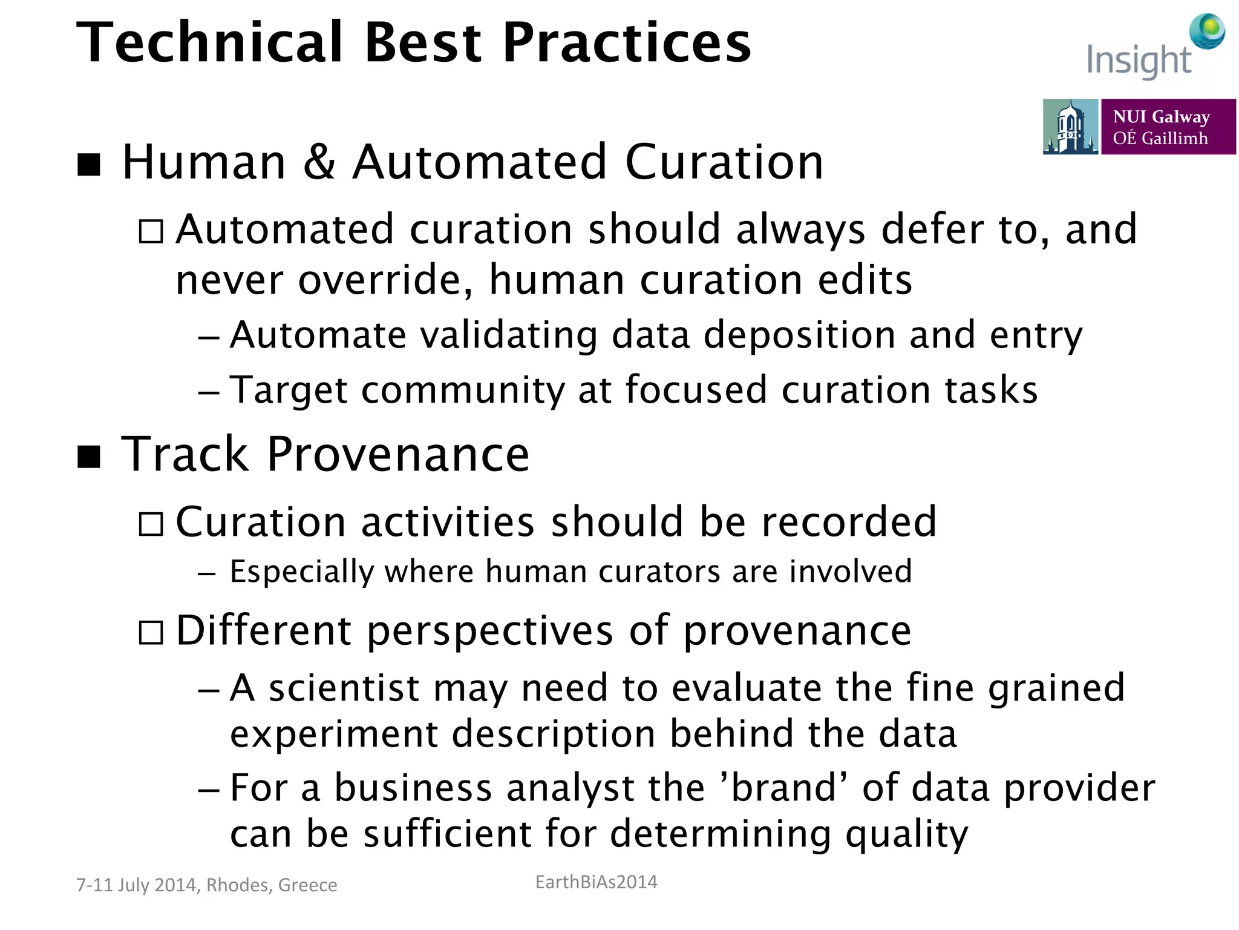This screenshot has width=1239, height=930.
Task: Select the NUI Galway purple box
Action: pos(1168,127)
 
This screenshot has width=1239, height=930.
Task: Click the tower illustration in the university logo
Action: pos(1070,127)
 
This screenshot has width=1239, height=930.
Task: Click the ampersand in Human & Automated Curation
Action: pos(319,162)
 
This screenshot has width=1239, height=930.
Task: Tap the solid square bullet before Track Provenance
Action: pos(90,456)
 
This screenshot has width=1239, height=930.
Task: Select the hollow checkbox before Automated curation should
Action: pos(151,231)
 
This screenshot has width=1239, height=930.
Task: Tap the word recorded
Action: pos(849,522)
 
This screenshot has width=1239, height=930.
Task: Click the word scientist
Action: pos(344,688)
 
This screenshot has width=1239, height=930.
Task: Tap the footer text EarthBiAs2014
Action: pos(596,882)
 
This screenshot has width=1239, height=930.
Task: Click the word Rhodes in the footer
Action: pos(238,885)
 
